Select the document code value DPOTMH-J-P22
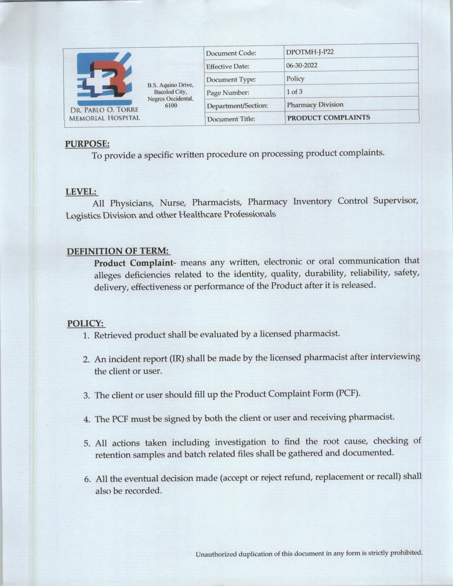[x=310, y=52]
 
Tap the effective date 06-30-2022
[x=302, y=65]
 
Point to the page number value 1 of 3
[x=294, y=92]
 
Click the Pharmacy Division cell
[x=315, y=105]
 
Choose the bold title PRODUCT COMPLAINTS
[x=328, y=118]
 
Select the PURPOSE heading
[x=87, y=144]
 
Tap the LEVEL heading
[x=81, y=192]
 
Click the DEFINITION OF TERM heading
[x=118, y=251]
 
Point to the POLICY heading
[x=85, y=324]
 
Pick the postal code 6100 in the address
[x=171, y=105]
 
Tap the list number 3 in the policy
[x=86, y=396]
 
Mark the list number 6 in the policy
[x=87, y=479]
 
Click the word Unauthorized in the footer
[x=216, y=554]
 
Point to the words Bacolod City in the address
[x=171, y=92]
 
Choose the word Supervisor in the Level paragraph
[x=395, y=201]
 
